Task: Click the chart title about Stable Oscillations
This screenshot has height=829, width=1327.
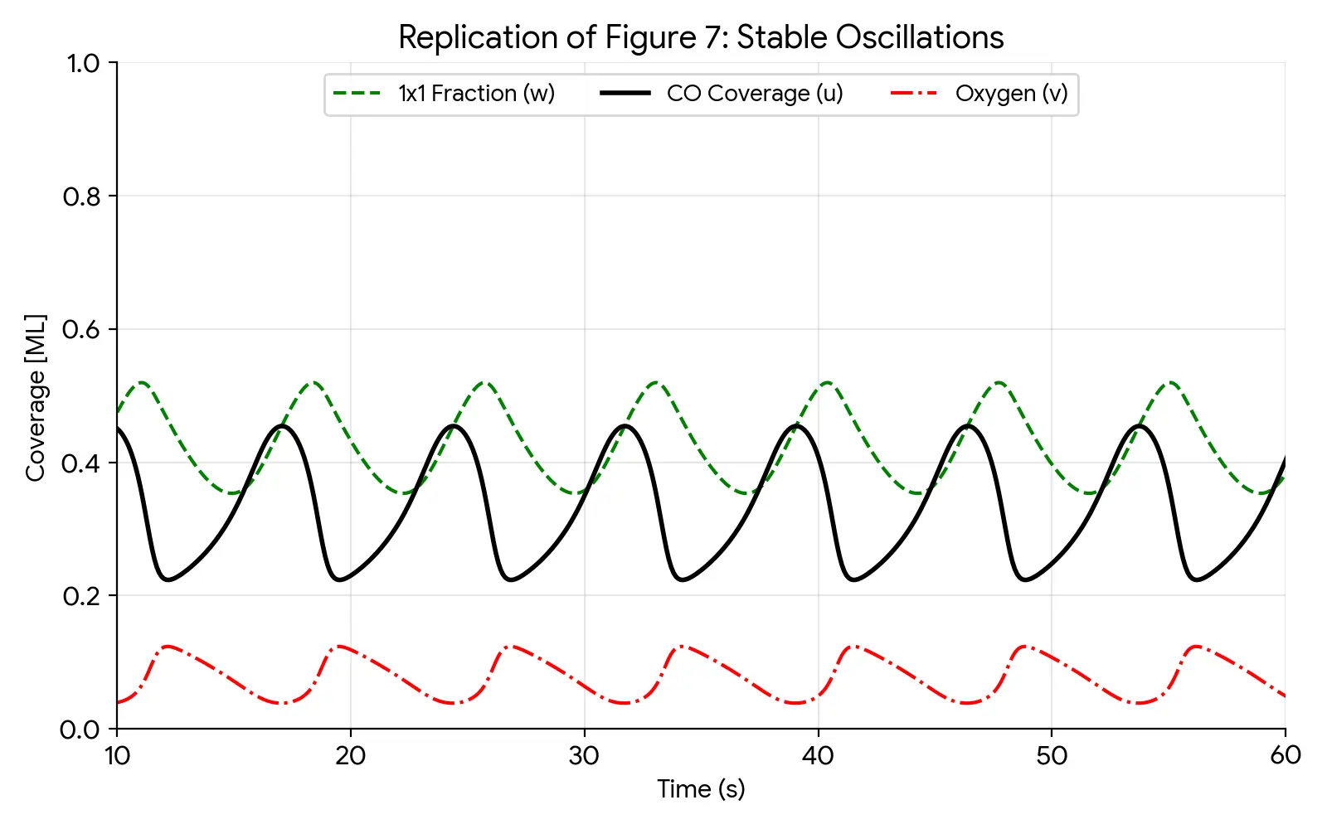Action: (x=701, y=38)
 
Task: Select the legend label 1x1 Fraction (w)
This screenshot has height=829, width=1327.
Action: (x=476, y=94)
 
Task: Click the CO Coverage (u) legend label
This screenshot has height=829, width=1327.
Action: (x=755, y=94)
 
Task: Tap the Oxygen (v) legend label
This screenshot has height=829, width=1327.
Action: (x=1011, y=94)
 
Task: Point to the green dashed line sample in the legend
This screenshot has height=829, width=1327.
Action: (x=357, y=94)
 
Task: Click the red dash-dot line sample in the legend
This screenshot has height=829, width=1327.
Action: (x=914, y=94)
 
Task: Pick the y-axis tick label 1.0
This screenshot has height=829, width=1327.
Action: (x=82, y=64)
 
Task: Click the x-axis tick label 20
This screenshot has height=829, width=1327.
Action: (x=350, y=756)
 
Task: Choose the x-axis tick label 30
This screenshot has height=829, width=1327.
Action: (x=584, y=756)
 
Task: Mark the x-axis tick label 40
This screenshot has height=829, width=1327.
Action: (x=818, y=756)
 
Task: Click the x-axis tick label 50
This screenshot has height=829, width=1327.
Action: (x=1052, y=756)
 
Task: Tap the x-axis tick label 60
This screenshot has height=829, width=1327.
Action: (x=1285, y=756)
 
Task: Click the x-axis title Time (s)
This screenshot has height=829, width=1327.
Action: (x=701, y=789)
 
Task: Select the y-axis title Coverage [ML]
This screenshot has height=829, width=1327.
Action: (x=36, y=397)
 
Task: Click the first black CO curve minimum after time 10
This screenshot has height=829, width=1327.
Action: (x=168, y=579)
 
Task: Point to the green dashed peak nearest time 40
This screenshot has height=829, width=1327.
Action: (x=828, y=382)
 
